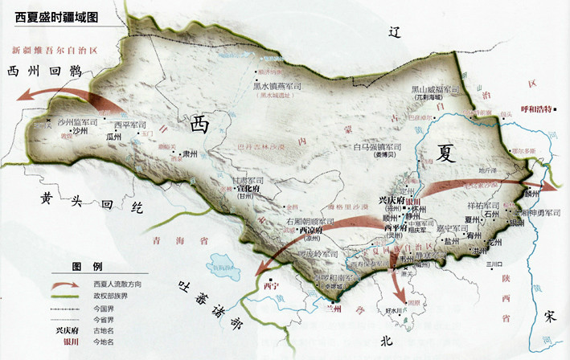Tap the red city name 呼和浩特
(x=539, y=108)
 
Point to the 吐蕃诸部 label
(x=210, y=309)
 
